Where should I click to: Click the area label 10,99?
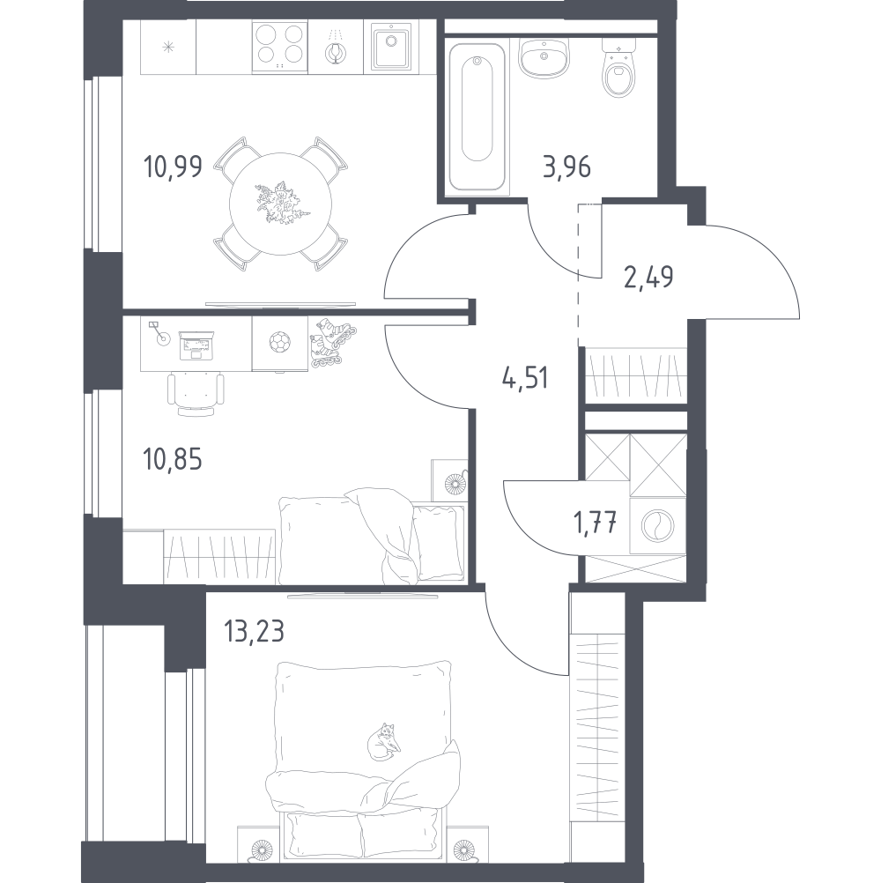point(173,167)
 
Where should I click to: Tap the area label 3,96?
point(566,167)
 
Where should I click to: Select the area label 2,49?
point(648,277)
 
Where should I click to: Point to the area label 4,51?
point(525,377)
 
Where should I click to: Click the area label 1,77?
point(595,523)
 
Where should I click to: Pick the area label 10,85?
point(173,459)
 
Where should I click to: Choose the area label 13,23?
point(254,631)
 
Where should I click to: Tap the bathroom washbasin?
point(544,58)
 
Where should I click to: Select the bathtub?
point(478,116)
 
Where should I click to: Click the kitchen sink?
point(391,48)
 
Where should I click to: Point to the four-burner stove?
point(280,48)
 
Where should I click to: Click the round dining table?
point(280,204)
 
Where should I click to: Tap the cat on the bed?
point(384,742)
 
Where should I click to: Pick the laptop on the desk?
point(196,345)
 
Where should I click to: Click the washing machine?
point(657,525)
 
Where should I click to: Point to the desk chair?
point(196,394)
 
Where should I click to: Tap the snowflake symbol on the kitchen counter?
point(167,48)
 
